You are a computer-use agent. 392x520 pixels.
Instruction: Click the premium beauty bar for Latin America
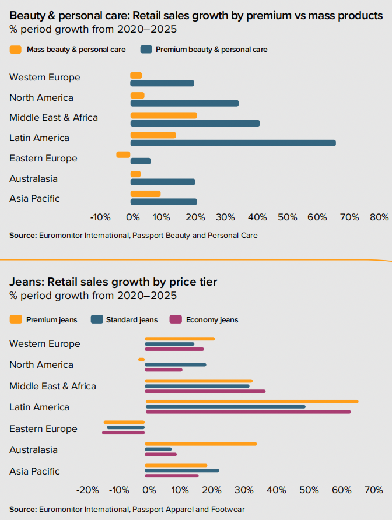pyautogui.click(x=233, y=143)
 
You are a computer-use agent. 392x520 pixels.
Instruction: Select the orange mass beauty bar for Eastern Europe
pyautogui.click(x=123, y=154)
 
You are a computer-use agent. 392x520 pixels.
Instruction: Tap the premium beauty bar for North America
pyautogui.click(x=184, y=103)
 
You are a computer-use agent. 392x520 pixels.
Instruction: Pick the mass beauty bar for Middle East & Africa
pyautogui.click(x=163, y=115)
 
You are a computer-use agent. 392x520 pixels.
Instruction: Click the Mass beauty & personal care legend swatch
pyautogui.click(x=16, y=50)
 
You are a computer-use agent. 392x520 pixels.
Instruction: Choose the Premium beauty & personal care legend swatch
pyautogui.click(x=145, y=50)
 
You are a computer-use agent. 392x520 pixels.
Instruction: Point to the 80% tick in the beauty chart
pyautogui.click(x=379, y=217)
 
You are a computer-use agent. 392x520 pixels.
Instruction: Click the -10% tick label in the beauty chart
pyautogui.click(x=100, y=217)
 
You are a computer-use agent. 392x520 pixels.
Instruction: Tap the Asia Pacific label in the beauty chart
pyautogui.click(x=34, y=199)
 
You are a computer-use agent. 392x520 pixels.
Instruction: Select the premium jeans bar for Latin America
pyautogui.click(x=252, y=402)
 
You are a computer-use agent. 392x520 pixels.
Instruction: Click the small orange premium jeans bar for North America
pyautogui.click(x=141, y=359)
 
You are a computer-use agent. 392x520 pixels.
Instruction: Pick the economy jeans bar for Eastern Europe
pyautogui.click(x=123, y=433)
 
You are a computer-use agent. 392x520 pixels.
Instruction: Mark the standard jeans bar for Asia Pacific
pyautogui.click(x=182, y=470)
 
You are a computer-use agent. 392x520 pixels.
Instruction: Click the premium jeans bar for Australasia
pyautogui.click(x=201, y=444)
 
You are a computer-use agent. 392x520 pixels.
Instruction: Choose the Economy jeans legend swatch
pyautogui.click(x=176, y=319)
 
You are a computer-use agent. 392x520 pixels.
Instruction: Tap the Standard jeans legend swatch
pyautogui.click(x=96, y=319)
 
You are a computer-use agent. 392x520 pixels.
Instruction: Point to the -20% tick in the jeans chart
pyautogui.click(x=88, y=490)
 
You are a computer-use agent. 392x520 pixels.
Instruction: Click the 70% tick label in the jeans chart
pyautogui.click(x=373, y=490)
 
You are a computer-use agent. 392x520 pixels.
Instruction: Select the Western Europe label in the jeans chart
pyautogui.click(x=45, y=344)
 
